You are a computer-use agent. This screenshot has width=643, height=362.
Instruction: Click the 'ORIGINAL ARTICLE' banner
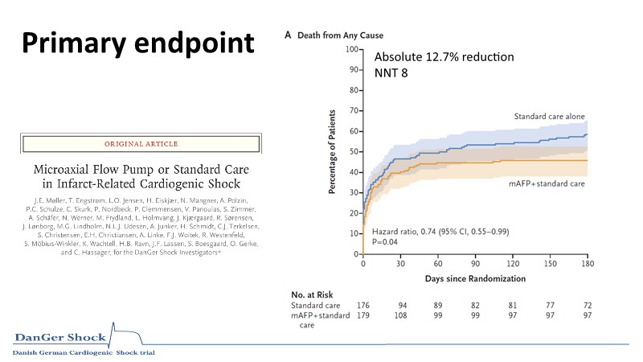[141, 144]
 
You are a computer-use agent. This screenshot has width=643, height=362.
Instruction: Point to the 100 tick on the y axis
[352, 49]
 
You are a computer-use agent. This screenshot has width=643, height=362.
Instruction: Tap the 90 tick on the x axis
[476, 264]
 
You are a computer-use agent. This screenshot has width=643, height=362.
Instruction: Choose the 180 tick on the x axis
[584, 264]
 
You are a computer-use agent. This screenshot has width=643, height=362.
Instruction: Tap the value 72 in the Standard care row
[587, 306]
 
